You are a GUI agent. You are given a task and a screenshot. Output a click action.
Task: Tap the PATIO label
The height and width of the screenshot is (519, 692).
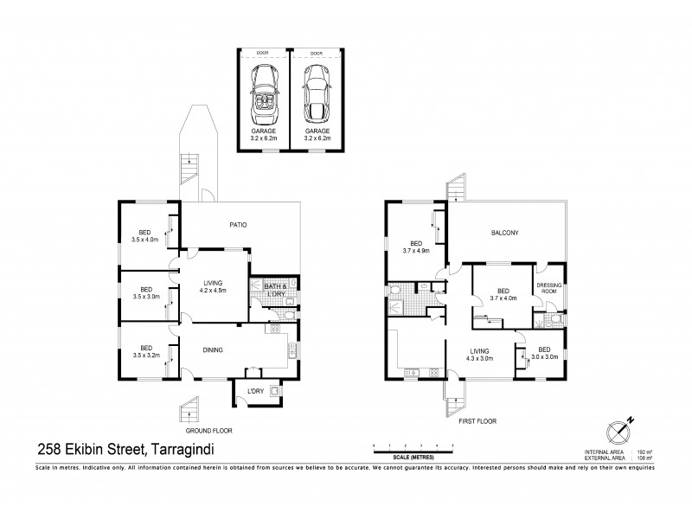click(x=238, y=225)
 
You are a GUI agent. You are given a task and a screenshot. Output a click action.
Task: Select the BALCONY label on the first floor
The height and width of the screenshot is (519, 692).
click(x=503, y=233)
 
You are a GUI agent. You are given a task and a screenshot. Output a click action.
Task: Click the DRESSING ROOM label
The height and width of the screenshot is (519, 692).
click(x=548, y=288)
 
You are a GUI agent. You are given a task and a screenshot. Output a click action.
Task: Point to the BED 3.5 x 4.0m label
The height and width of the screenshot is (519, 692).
click(x=146, y=235)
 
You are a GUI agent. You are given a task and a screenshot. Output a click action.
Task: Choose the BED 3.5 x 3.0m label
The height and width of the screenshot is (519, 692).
click(x=146, y=292)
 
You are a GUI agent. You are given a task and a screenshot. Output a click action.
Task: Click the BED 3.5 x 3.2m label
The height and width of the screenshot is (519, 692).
click(x=146, y=349)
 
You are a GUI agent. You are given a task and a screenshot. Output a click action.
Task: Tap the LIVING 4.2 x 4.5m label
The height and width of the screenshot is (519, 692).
click(x=213, y=286)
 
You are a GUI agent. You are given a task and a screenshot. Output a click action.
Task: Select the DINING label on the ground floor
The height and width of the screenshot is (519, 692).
click(x=213, y=350)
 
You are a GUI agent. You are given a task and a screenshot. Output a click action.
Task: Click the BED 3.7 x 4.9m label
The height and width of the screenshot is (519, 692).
click(x=416, y=247)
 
